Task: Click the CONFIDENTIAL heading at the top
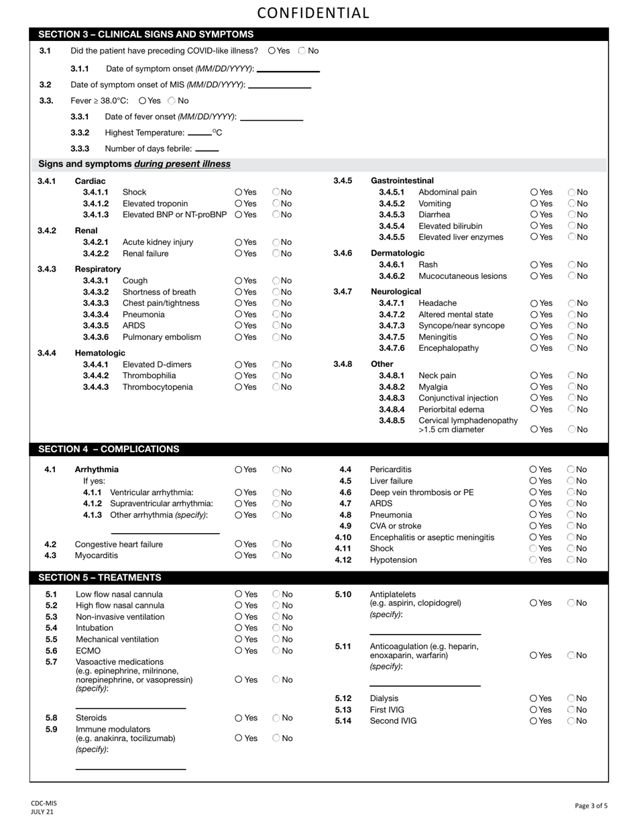pos(313,13)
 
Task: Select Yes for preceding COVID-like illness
pos(272,51)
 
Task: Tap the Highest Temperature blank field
pos(200,133)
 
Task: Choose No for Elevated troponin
pos(276,203)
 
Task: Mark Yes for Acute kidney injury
pos(239,242)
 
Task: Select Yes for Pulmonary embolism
pos(239,337)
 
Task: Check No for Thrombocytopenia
pos(276,387)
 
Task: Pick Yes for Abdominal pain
pos(534,192)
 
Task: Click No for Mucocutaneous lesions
pos(572,276)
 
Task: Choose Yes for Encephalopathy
pos(534,348)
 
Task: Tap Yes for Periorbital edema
pos(534,409)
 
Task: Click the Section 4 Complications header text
pos(109,449)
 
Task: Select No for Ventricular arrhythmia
pos(276,492)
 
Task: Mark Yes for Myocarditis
pos(239,555)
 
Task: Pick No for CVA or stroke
pos(571,526)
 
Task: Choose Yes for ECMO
pos(239,651)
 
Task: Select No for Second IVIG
pos(571,721)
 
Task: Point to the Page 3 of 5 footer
pos(591,806)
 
